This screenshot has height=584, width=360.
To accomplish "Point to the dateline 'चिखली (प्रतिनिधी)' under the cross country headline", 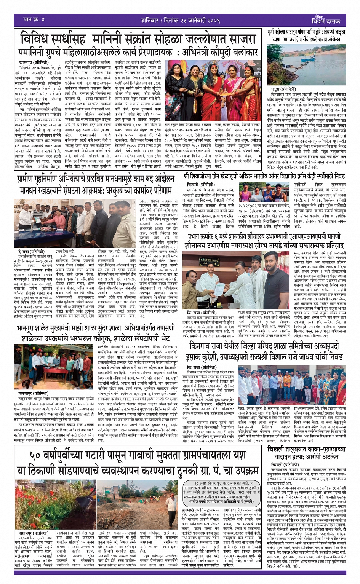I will point(198,184).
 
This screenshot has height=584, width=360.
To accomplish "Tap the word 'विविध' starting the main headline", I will point(39,39).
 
